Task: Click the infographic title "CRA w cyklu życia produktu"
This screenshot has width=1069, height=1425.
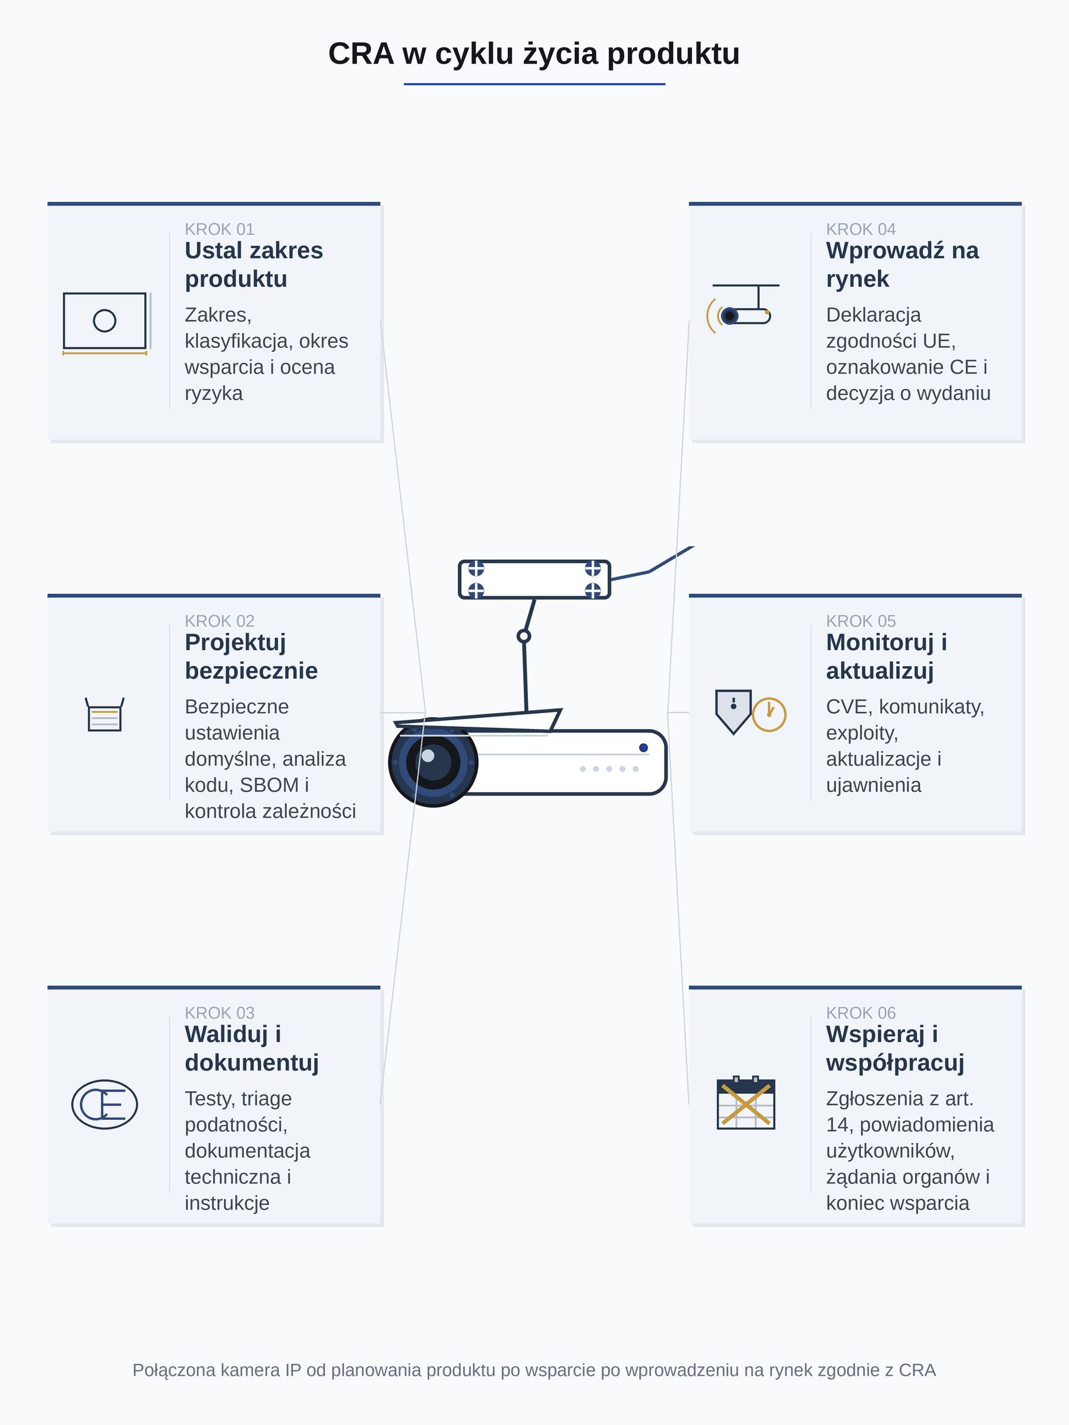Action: (x=533, y=54)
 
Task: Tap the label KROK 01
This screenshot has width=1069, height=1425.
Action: (x=219, y=229)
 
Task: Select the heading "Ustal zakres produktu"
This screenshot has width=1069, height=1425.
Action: (x=254, y=265)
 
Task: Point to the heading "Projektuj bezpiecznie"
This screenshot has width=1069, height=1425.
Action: (x=251, y=657)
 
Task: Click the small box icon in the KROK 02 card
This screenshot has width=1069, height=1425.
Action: (x=105, y=714)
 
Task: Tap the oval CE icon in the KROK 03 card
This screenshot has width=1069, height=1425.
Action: (x=105, y=1104)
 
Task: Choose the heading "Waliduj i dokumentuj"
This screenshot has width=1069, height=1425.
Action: (x=252, y=1048)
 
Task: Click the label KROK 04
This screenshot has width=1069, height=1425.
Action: (x=861, y=229)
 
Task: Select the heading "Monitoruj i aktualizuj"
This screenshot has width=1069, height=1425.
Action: (x=887, y=657)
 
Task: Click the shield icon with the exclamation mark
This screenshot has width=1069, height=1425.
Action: (x=733, y=711)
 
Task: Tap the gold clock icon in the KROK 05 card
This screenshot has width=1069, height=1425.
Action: (x=768, y=714)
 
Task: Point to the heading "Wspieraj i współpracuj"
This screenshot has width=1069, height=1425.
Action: (x=895, y=1048)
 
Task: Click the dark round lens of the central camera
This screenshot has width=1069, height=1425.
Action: (x=433, y=762)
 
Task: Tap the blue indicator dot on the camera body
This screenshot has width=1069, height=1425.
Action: (x=643, y=748)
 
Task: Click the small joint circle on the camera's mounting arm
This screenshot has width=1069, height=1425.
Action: (x=524, y=636)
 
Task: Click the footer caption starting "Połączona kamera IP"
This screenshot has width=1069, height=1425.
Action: (x=534, y=1370)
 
